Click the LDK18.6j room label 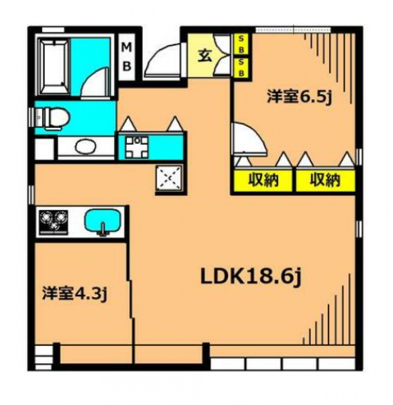[250, 277]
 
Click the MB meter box [127, 57]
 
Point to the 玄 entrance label [205, 56]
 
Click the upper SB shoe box [242, 44]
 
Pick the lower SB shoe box [242, 67]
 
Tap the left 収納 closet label [263, 181]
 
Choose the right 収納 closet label [325, 181]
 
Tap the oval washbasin [86, 147]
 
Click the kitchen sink [103, 221]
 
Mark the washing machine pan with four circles [136, 146]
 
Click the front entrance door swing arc [162, 59]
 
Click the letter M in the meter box [127, 48]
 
